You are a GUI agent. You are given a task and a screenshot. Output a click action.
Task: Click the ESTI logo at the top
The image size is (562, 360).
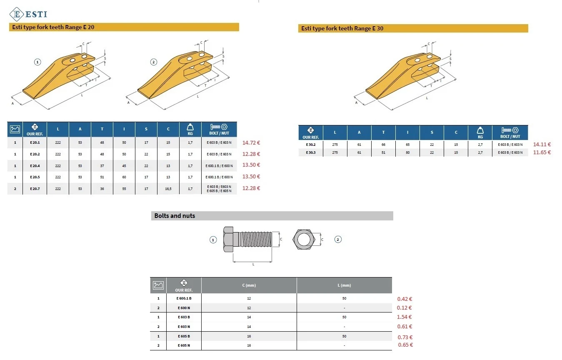(x=28, y=14)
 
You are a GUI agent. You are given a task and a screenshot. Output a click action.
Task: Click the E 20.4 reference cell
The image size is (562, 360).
(x=35, y=166)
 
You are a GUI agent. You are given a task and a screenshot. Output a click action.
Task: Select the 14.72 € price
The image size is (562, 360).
(x=251, y=143)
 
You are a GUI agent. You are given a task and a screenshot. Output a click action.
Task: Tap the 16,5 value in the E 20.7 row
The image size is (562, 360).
(x=168, y=189)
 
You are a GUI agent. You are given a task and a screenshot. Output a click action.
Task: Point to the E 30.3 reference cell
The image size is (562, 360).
(x=311, y=152)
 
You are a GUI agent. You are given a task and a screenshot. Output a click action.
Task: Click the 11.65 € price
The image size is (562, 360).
(x=542, y=152)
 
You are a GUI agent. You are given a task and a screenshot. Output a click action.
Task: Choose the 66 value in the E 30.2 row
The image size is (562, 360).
(x=383, y=145)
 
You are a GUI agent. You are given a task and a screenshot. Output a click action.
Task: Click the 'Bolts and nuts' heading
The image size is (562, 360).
(x=175, y=216)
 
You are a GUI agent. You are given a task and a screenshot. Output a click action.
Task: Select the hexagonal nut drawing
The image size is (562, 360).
(x=304, y=239)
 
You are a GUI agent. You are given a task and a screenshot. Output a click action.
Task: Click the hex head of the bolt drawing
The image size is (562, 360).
(x=228, y=239)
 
